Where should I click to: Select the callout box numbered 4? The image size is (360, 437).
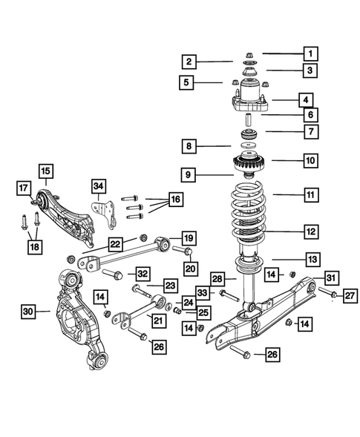pos(304,98)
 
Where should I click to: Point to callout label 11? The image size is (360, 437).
pos(310,195)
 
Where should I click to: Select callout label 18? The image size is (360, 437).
pos(34,246)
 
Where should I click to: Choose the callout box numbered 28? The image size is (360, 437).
pos(217,278)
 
